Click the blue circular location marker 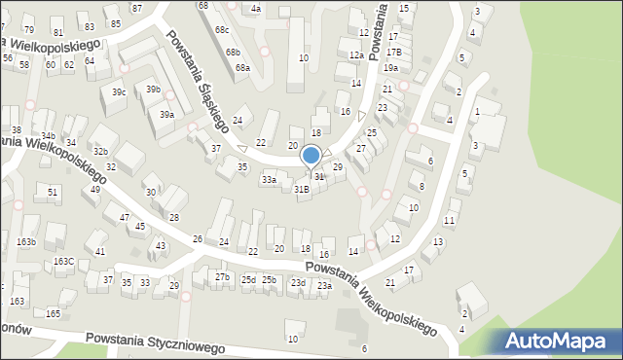[x=311, y=156]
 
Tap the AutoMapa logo [x=560, y=341]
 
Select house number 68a [x=242, y=68]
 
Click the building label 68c [x=222, y=30]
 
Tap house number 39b [x=153, y=90]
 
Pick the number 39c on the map [x=119, y=92]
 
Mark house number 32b [x=100, y=152]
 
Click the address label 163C [x=64, y=262]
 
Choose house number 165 [x=54, y=314]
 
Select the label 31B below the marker [x=302, y=190]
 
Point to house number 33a [x=269, y=180]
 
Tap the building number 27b [x=223, y=278]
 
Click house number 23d [x=298, y=283]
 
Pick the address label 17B [x=393, y=52]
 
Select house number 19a [x=390, y=68]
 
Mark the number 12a [x=356, y=55]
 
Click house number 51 [x=53, y=193]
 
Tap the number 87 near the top [x=136, y=8]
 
